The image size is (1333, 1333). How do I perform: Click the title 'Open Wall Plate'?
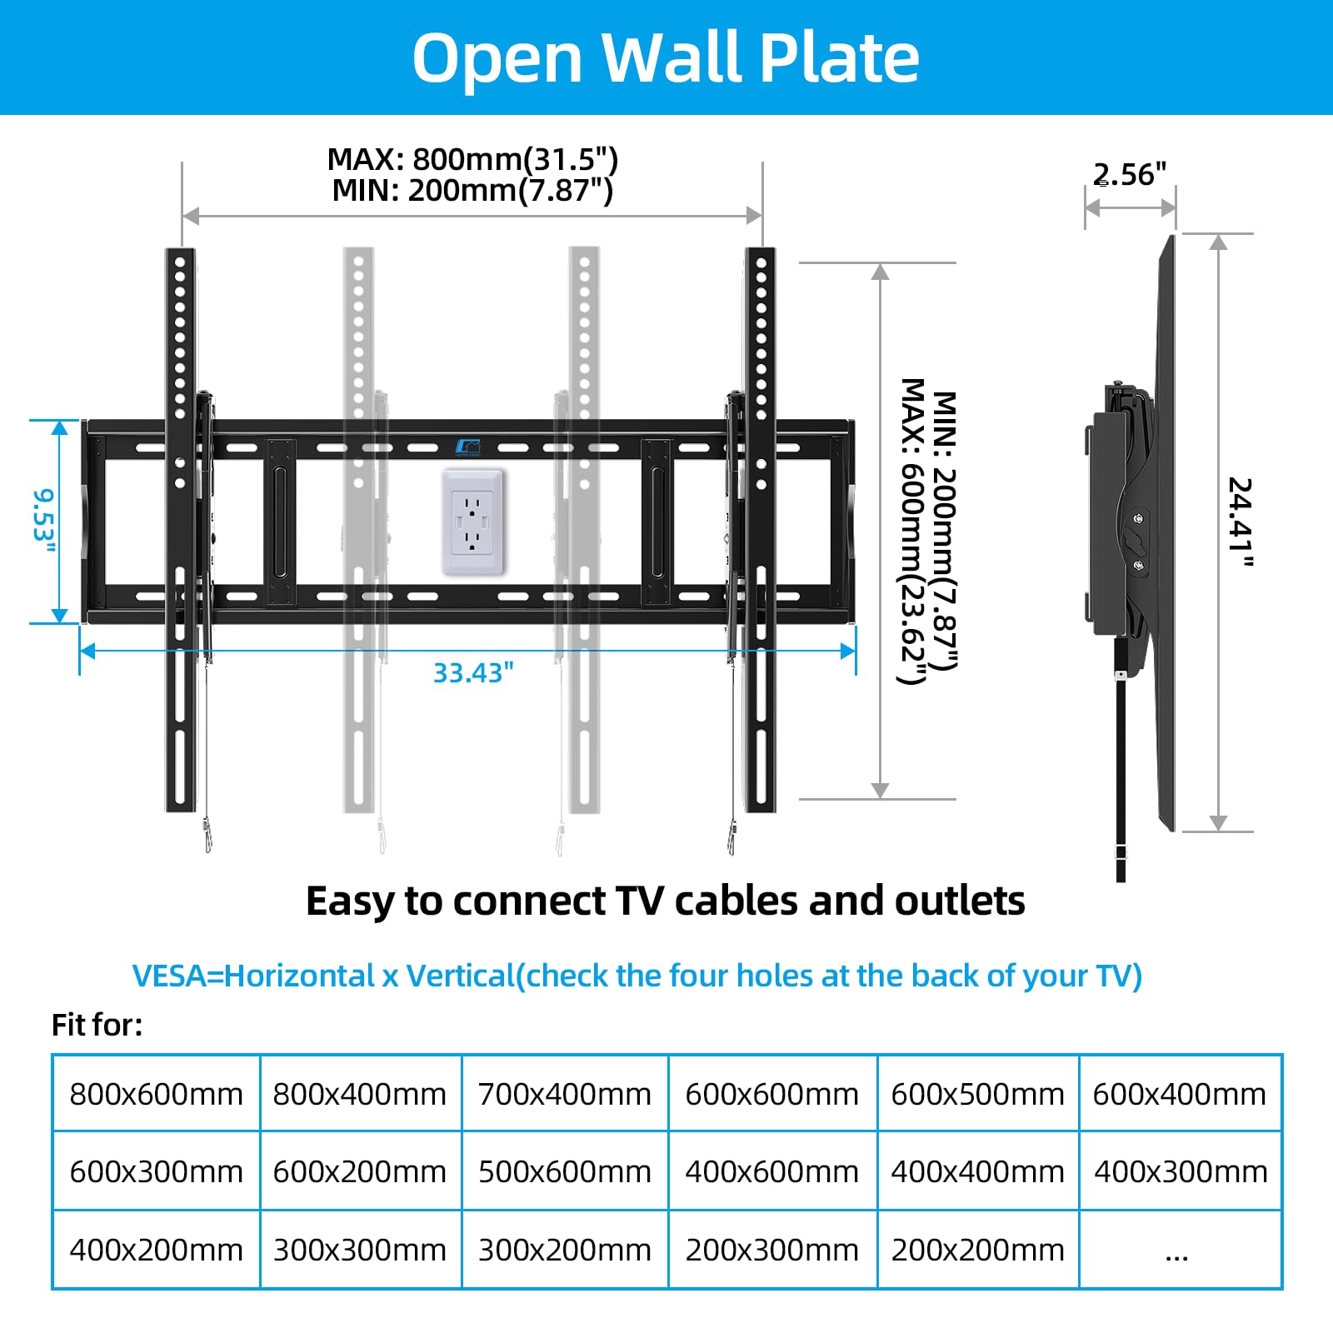click(666, 57)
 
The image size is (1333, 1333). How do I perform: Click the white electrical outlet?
click(472, 522)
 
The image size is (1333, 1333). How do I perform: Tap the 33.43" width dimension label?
click(473, 672)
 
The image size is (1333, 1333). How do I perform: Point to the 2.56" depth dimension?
click(1130, 175)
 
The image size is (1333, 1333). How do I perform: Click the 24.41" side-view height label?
click(1241, 522)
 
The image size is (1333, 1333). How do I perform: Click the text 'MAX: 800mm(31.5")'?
click(472, 159)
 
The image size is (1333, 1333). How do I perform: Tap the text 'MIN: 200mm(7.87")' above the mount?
click(472, 191)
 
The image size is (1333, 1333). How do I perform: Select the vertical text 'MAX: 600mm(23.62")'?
click(913, 531)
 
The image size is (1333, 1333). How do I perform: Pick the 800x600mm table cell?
click(156, 1094)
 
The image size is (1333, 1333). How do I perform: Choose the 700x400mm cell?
click(565, 1094)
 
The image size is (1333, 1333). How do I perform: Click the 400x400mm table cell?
click(977, 1172)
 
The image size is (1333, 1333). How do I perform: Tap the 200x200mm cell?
click(977, 1251)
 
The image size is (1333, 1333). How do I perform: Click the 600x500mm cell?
click(977, 1094)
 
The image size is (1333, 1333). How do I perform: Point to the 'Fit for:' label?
click(97, 1025)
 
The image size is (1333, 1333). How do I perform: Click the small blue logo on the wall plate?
click(467, 447)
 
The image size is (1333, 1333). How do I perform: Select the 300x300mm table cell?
click(360, 1251)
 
